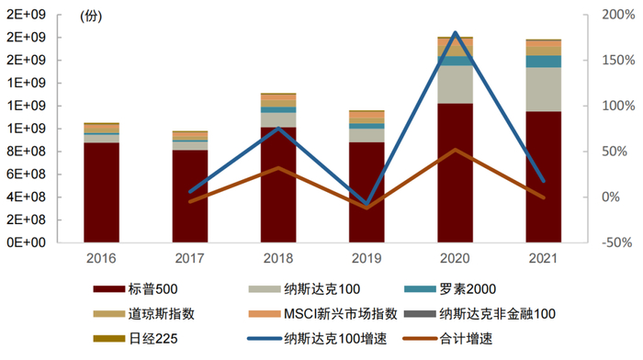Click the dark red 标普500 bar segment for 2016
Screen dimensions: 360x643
(101, 193)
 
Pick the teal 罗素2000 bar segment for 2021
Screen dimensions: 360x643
(543, 62)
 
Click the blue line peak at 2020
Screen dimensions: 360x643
(455, 32)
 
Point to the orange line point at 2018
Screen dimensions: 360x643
(277, 168)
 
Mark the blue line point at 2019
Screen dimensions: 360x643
(367, 203)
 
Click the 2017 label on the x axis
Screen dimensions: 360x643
(189, 257)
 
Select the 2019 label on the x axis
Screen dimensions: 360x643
(367, 257)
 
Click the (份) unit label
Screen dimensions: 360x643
(92, 17)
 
